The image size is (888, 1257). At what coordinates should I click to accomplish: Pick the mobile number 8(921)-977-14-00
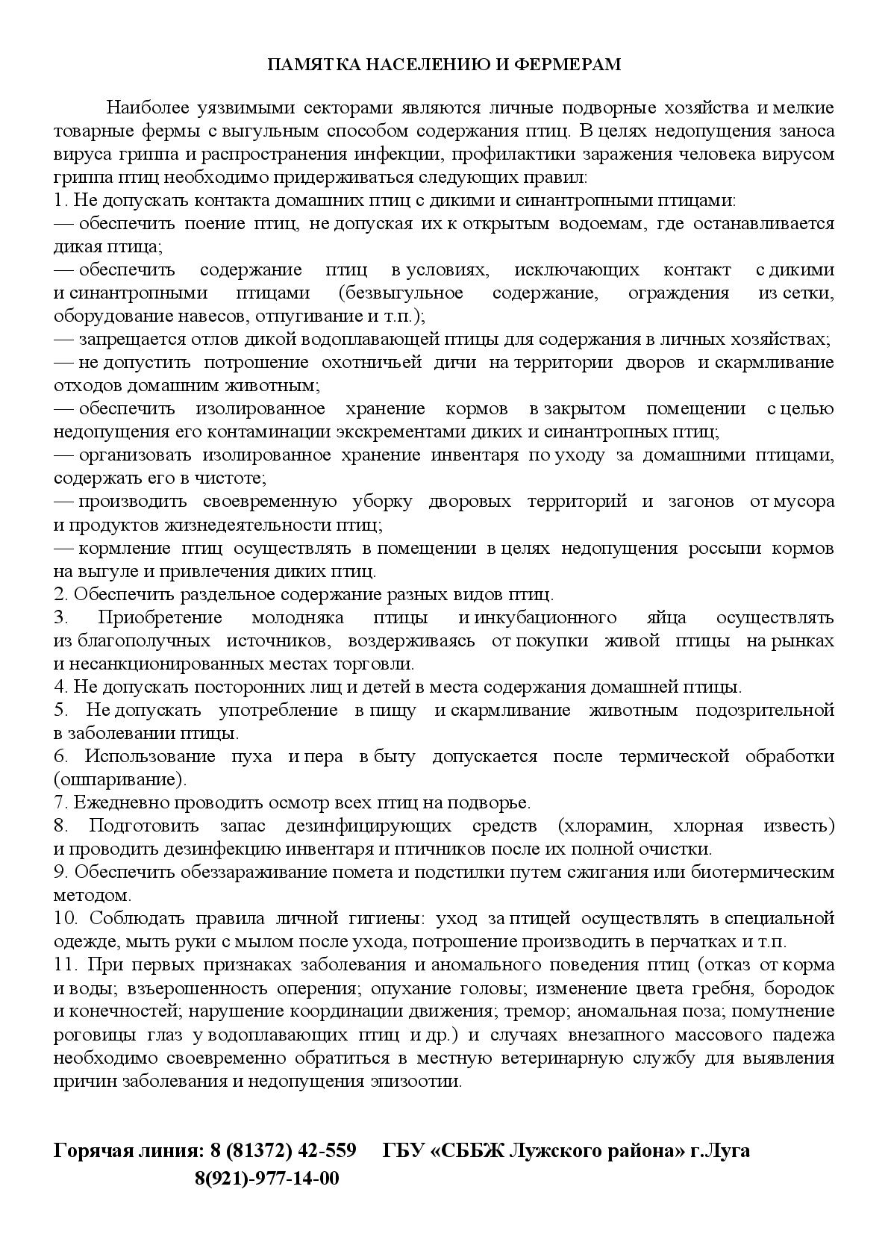(x=266, y=1179)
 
